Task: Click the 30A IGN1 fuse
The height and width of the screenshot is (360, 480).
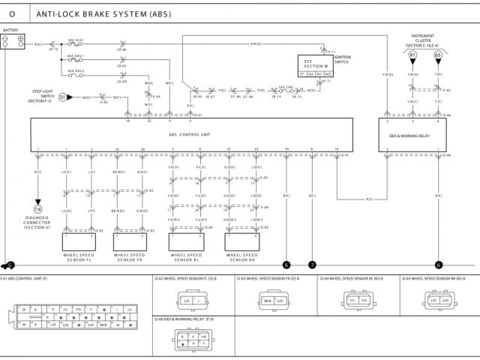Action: (75, 44)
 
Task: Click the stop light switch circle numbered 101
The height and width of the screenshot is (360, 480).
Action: (64, 97)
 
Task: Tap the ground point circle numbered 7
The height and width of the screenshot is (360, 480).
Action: (312, 265)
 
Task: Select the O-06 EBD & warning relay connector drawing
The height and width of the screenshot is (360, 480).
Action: (187, 340)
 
